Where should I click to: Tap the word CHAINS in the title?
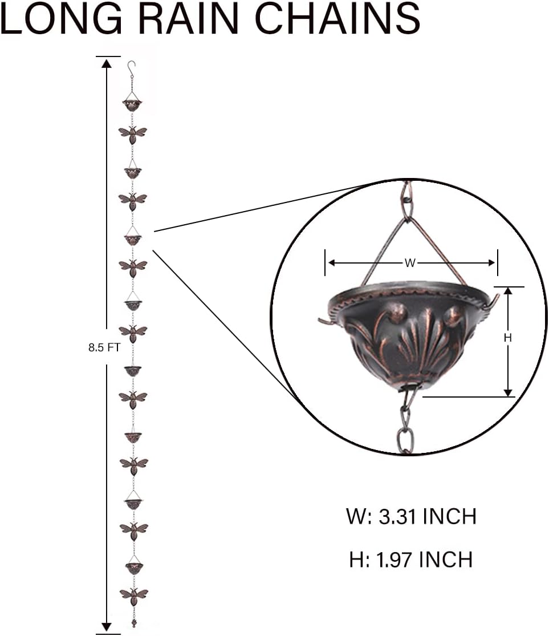337,18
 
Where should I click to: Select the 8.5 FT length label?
104,347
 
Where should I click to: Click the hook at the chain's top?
132,68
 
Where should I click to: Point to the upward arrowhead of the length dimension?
107,63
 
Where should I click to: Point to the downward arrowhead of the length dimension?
107,626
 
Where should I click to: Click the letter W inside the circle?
410,263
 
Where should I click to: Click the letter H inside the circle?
508,338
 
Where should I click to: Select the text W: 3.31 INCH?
410,517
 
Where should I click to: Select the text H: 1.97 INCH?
410,560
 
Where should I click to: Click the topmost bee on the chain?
133,133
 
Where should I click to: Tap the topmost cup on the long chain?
132,104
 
